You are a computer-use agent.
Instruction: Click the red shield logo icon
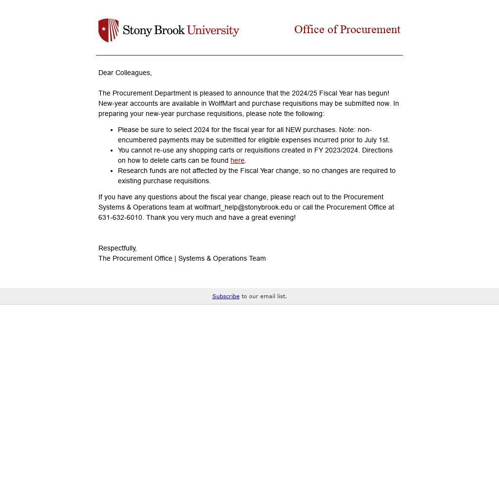click(108, 30)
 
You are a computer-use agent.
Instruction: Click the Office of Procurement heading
click(347, 30)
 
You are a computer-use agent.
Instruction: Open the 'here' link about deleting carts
click(237, 160)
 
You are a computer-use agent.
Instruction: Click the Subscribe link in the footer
click(226, 296)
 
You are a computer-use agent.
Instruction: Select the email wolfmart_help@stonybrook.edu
click(243, 207)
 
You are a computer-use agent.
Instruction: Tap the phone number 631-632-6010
click(120, 217)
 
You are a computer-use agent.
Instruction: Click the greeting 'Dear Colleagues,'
click(125, 73)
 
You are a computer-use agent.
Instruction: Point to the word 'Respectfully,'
click(117, 248)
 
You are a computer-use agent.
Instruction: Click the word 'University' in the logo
click(213, 30)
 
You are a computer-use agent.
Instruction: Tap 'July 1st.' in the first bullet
click(377, 140)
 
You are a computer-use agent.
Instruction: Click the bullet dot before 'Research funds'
click(112, 171)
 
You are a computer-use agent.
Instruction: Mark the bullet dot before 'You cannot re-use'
click(112, 151)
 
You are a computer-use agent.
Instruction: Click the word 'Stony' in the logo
click(137, 31)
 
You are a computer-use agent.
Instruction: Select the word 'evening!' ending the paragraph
click(282, 217)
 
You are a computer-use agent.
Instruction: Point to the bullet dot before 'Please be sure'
click(112, 130)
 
